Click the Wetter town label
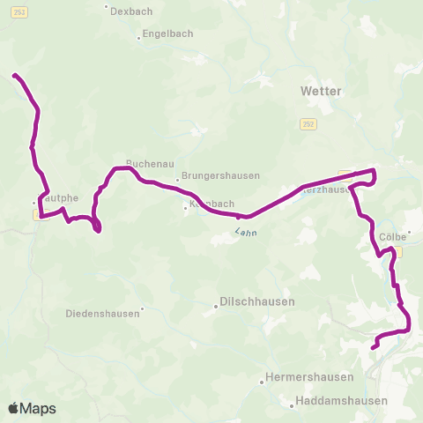tap(321, 91)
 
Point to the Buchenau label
tap(144, 163)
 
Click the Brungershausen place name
tap(221, 175)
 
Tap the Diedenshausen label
tap(103, 313)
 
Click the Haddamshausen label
tap(340, 401)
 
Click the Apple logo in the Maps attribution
tap(14, 409)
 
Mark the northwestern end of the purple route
tap(13, 75)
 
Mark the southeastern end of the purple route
tap(373, 348)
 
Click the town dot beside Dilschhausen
tap(216, 308)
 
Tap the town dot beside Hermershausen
tap(262, 382)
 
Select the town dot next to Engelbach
tap(140, 38)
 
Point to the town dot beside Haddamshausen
tap(292, 406)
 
